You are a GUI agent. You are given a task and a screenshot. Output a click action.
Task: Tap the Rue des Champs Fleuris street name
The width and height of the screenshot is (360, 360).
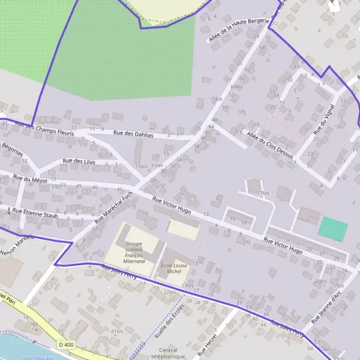44,129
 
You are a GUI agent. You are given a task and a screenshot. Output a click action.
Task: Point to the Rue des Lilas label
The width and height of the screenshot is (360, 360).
80,161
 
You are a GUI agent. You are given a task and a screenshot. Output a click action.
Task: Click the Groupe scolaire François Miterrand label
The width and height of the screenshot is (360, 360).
135,253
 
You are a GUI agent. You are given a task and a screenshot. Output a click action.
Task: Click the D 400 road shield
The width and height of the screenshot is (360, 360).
66,344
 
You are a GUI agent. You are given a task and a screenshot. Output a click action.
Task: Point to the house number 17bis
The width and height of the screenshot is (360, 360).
263,193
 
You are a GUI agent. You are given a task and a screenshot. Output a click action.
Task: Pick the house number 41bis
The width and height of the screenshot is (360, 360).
116,331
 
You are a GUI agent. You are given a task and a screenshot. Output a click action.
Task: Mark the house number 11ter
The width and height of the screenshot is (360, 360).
157,165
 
